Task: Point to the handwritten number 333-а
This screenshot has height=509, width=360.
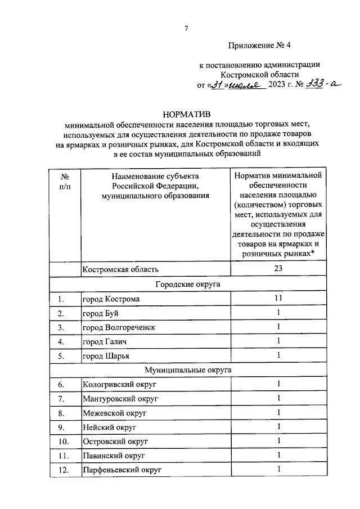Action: coord(320,85)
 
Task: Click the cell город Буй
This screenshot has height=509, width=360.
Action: coord(101,313)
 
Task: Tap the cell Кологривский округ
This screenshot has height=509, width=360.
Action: coord(119,385)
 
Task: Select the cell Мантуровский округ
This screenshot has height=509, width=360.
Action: coord(120,399)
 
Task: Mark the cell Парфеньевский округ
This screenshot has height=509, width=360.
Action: coord(122,470)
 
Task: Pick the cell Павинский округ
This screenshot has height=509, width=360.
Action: coord(114,456)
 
